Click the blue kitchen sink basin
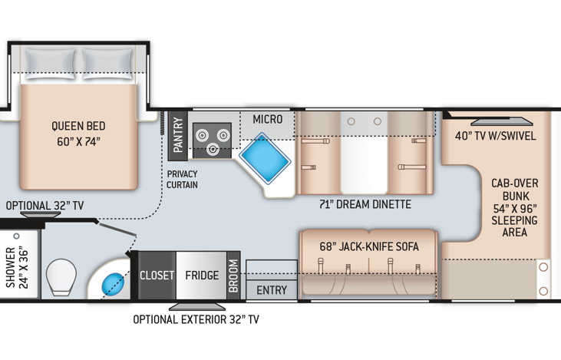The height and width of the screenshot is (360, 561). tap(265, 159)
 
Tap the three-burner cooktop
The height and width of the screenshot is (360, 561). tap(212, 140)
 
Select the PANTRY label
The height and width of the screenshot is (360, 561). tap(178, 135)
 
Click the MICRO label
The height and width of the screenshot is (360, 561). tap(268, 119)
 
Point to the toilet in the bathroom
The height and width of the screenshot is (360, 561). tap(61, 277)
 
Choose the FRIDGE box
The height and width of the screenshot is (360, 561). tap(201, 276)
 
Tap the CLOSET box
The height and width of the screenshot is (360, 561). tap(157, 276)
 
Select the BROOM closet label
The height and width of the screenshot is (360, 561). tap(233, 276)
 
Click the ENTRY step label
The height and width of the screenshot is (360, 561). tap(272, 290)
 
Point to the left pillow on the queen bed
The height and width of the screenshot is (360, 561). tap(50, 64)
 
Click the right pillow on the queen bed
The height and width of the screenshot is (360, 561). tap(107, 64)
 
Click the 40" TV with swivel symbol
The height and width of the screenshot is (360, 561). tap(502, 121)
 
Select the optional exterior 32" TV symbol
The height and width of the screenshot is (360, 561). tap(197, 307)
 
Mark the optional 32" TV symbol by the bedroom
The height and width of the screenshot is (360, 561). tap(41, 215)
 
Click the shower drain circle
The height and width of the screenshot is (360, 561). tap(16, 236)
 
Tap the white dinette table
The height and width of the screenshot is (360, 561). tap(364, 153)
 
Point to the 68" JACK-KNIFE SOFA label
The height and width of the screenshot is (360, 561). tap(369, 246)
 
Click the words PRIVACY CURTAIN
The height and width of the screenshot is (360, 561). tap(182, 180)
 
